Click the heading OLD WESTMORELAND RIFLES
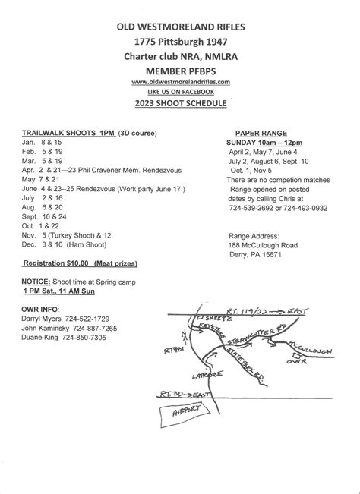pyautogui.click(x=180, y=26)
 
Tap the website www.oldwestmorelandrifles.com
pyautogui.click(x=180, y=80)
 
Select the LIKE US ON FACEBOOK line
pyautogui.click(x=180, y=91)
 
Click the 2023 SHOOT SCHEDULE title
pyautogui.click(x=180, y=103)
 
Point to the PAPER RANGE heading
pyautogui.click(x=260, y=132)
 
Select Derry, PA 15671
pyautogui.click(x=255, y=256)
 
